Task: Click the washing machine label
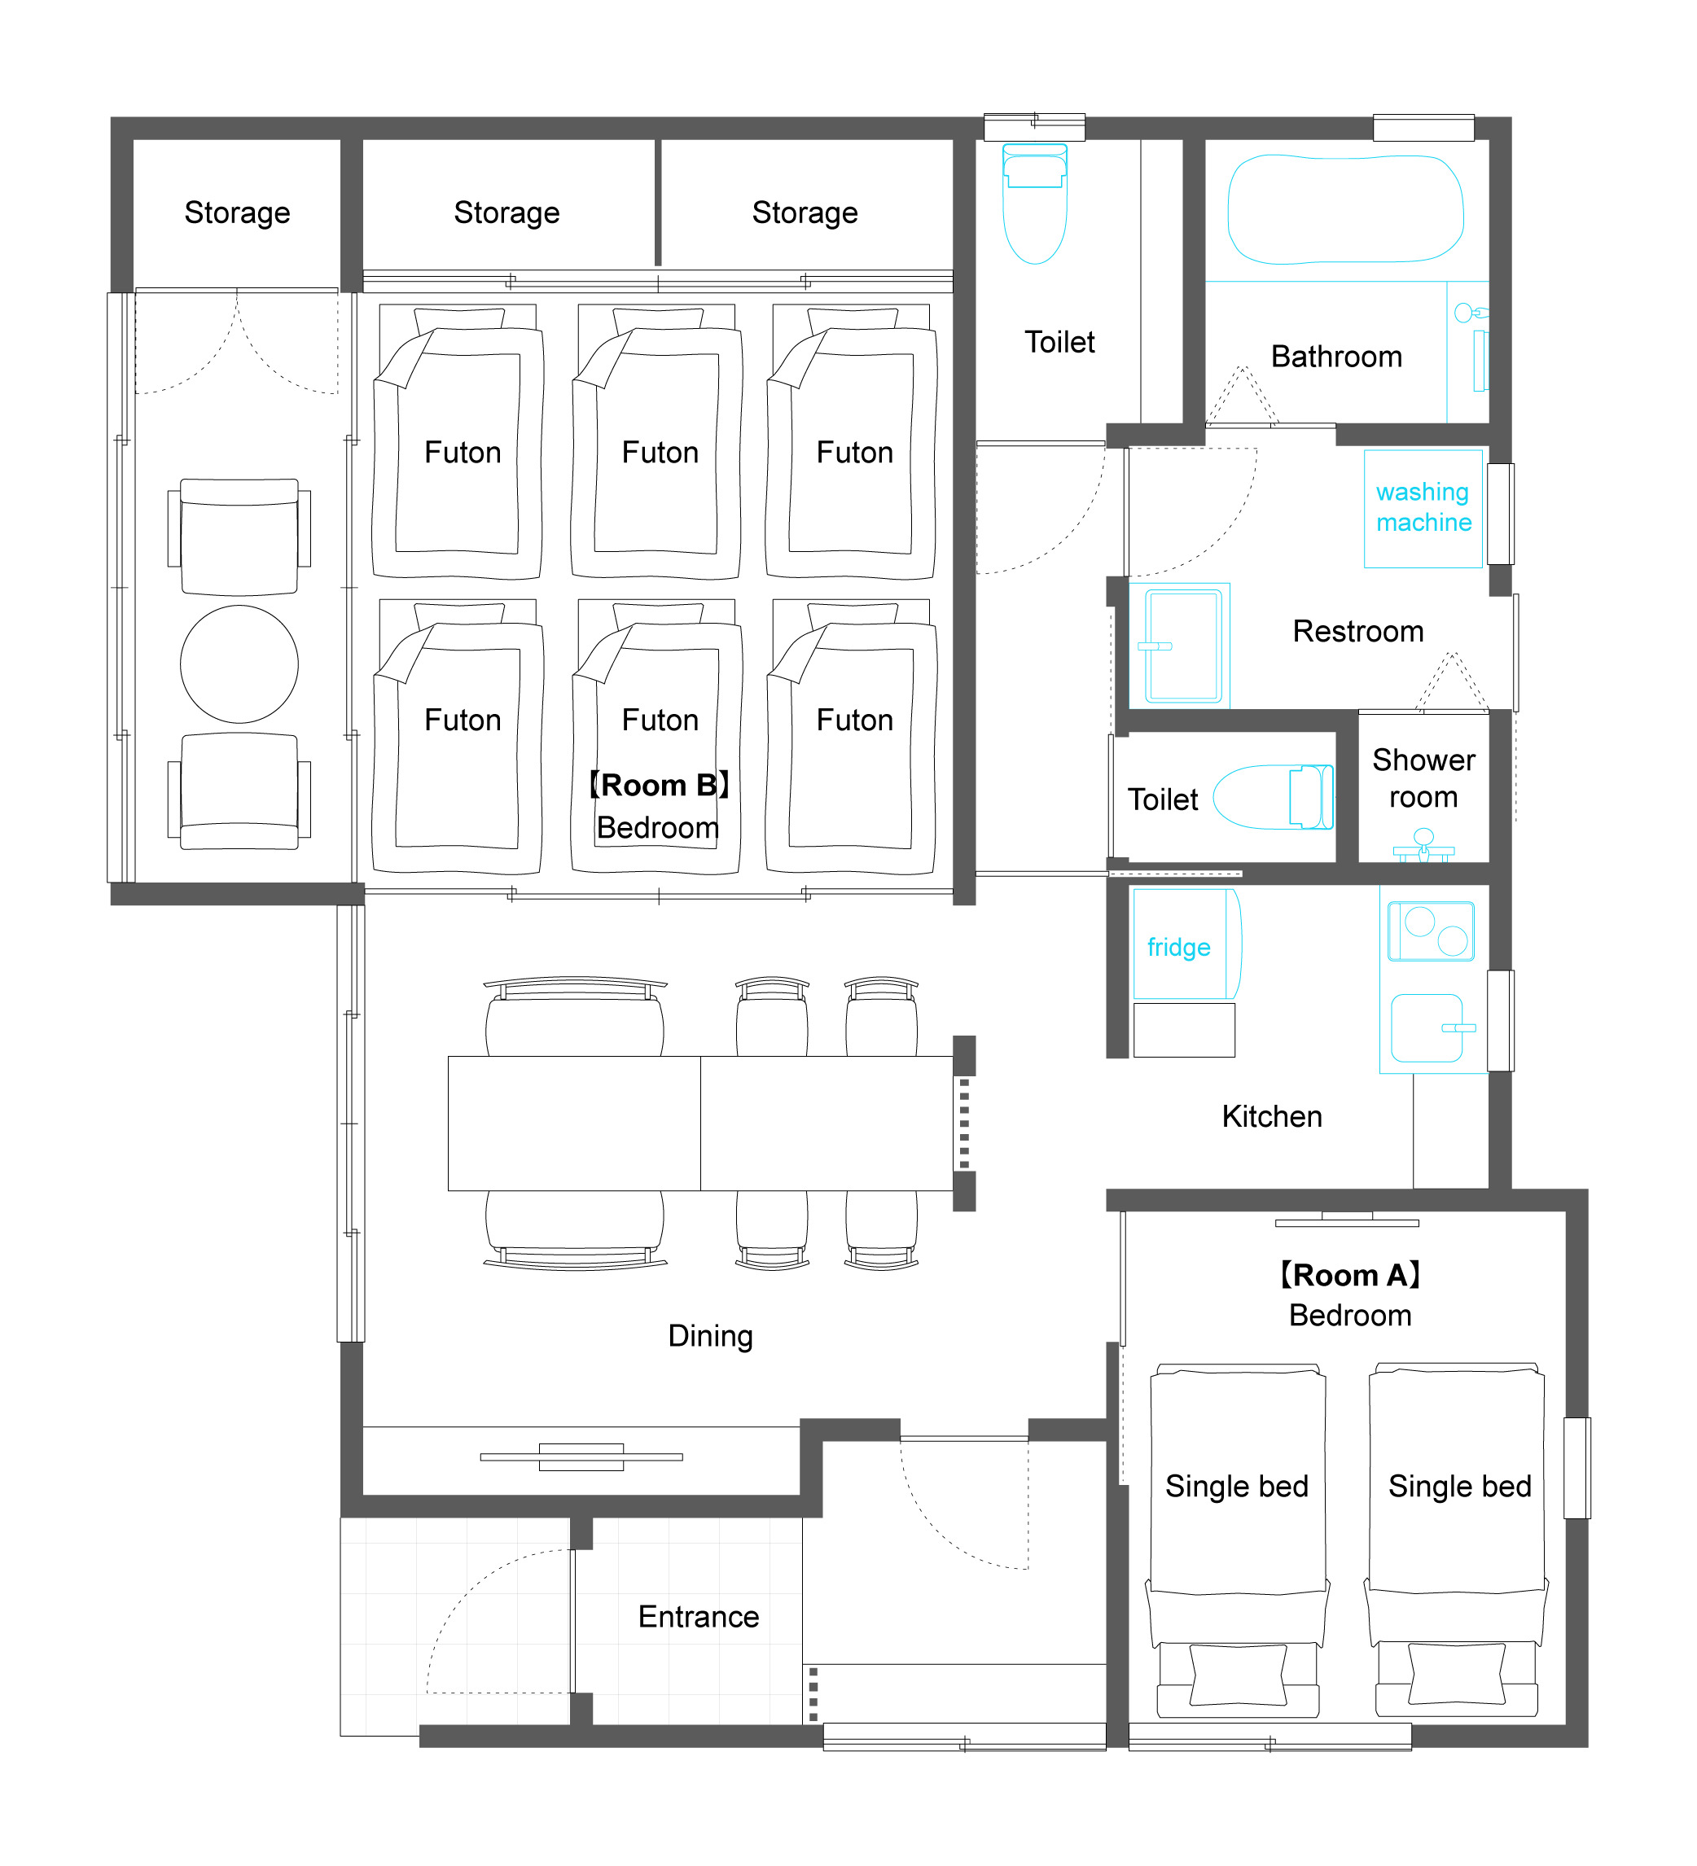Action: pyautogui.click(x=1423, y=507)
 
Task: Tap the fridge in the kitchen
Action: pyautogui.click(x=1186, y=944)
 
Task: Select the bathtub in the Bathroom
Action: pyautogui.click(x=1345, y=209)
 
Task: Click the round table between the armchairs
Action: pyautogui.click(x=239, y=664)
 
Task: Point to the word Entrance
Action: pyautogui.click(x=698, y=1616)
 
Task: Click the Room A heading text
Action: pyautogui.click(x=1350, y=1275)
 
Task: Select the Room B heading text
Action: pyautogui.click(x=659, y=785)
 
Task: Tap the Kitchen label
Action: pyautogui.click(x=1271, y=1116)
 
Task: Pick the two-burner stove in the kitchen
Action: pyautogui.click(x=1431, y=931)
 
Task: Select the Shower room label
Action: pyautogui.click(x=1423, y=777)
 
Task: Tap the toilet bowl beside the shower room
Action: pyautogui.click(x=1273, y=797)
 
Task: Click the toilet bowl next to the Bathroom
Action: pyautogui.click(x=1035, y=204)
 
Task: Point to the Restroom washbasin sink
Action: pyautogui.click(x=1183, y=646)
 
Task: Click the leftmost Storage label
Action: pyautogui.click(x=237, y=212)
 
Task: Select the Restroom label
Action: pyautogui.click(x=1358, y=631)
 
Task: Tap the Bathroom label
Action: pyautogui.click(x=1336, y=357)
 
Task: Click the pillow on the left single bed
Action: pyautogui.click(x=1238, y=1675)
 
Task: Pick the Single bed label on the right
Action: pyautogui.click(x=1459, y=1487)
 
